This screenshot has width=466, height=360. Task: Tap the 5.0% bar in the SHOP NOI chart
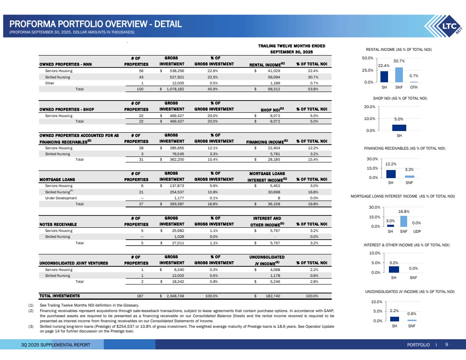pos(399,128)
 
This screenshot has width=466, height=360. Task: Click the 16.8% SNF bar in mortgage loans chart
pos(404,221)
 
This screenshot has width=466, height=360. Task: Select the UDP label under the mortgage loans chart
pos(417,232)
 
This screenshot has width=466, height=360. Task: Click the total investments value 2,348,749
pos(173,296)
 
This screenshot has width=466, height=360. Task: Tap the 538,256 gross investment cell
pos(174,71)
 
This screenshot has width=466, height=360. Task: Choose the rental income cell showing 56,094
pos(276,78)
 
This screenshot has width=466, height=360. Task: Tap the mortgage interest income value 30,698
pos(276,191)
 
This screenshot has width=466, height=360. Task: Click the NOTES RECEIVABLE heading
pos(58,224)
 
